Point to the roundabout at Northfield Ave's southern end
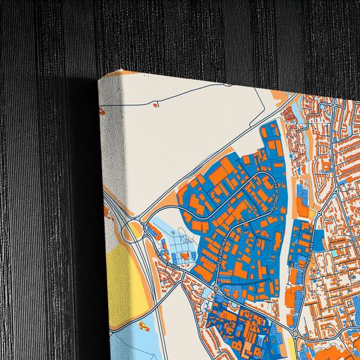click(x=294, y=333)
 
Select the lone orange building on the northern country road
click(x=155, y=105)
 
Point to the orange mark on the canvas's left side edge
click(x=103, y=111)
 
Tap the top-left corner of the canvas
click(x=99, y=78)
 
